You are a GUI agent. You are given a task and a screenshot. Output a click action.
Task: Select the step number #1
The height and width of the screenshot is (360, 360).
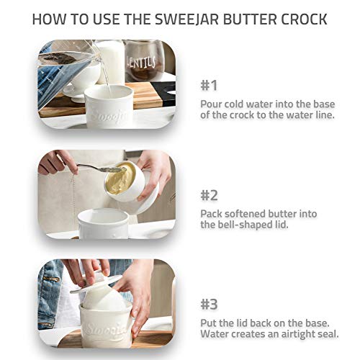click(209, 85)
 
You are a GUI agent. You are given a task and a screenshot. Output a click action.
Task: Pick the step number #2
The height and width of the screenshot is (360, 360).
click(209, 194)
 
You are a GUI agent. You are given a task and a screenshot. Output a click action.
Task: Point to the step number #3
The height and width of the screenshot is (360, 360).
click(209, 304)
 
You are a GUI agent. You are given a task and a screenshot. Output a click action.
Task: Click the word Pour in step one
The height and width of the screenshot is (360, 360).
click(212, 103)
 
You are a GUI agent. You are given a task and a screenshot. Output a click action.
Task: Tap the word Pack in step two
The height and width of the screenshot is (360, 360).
click(212, 214)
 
